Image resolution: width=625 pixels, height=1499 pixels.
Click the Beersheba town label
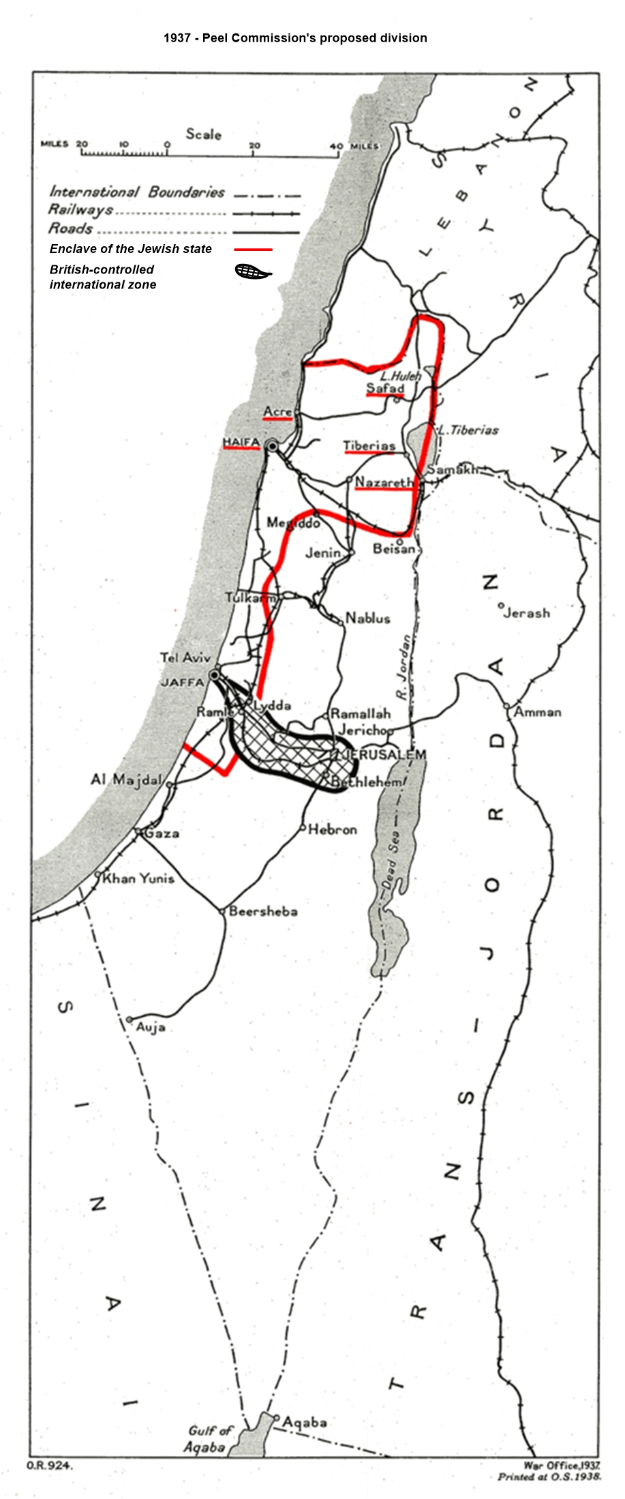pos(263,910)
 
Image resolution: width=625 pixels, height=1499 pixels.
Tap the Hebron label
pos(332,829)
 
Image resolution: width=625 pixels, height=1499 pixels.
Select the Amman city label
pos(538,712)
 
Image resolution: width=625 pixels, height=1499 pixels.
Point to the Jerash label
pos(527,612)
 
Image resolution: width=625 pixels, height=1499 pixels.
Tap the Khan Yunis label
pos(138,878)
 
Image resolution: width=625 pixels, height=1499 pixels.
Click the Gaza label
pos(162,833)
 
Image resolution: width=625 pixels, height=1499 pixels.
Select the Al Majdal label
pos(127,779)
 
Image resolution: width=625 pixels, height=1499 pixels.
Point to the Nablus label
pos(368,619)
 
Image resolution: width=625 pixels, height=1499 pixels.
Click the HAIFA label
pos(241,443)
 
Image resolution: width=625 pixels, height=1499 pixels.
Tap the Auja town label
pos(151,1026)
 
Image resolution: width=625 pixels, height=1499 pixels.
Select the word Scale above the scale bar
pos(204,134)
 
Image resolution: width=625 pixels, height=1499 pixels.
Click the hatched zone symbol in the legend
pos(252,272)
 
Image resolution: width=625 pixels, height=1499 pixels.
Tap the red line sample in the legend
pos(253,250)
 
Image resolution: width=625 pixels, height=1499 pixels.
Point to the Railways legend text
pos(80,210)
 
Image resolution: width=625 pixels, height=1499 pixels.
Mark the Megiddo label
pos(293,523)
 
